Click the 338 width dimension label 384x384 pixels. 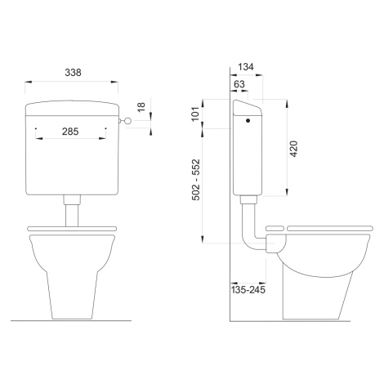(73, 73)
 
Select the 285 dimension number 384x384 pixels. (70, 132)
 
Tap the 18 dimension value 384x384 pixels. (141, 107)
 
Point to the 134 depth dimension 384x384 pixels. (246, 67)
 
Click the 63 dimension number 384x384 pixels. (239, 84)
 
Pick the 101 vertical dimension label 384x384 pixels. (196, 114)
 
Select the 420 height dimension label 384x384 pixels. (294, 149)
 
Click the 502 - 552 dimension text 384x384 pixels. (196, 180)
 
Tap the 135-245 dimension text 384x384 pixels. (248, 290)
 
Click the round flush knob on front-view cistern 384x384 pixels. (128, 120)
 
